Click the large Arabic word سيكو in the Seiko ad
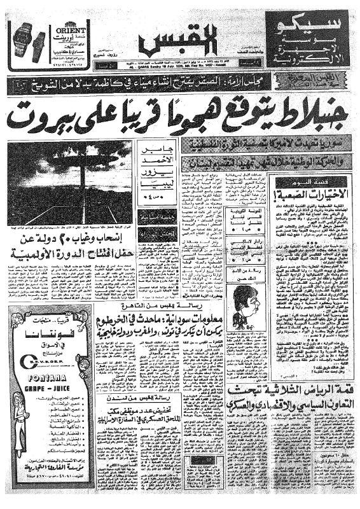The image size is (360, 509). point(316,29)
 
